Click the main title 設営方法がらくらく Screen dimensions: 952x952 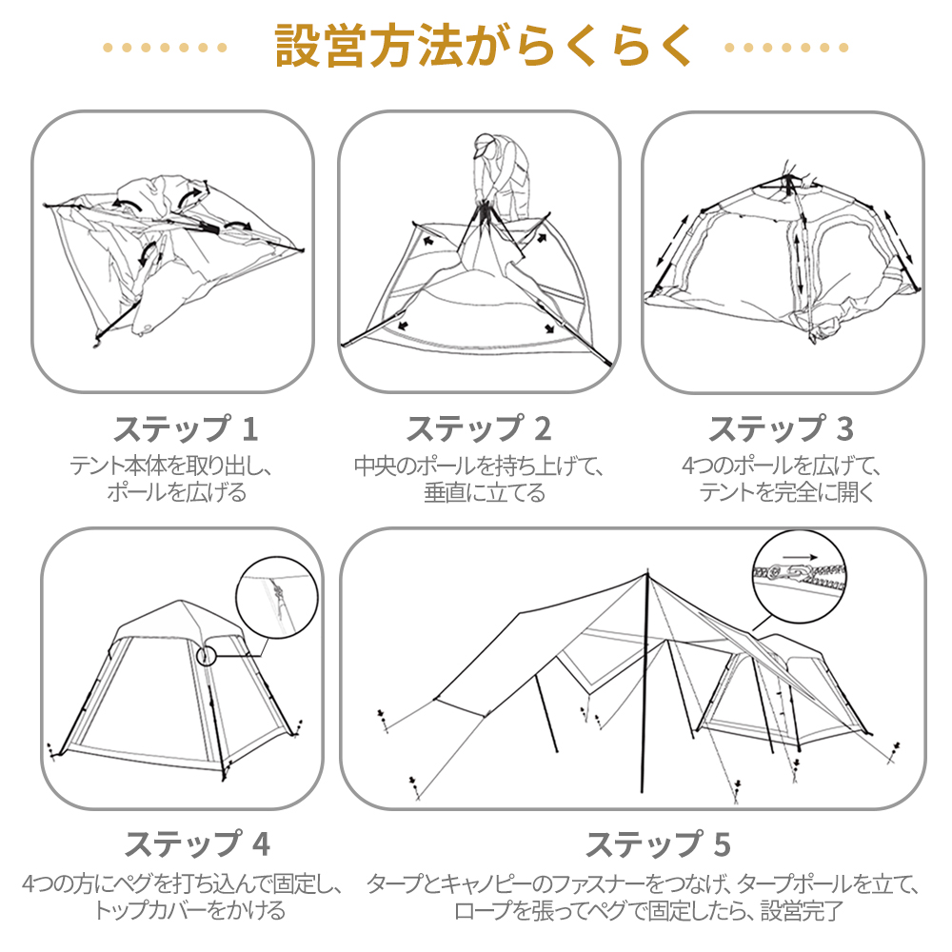tap(476, 46)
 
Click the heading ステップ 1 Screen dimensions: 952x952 tap(186, 429)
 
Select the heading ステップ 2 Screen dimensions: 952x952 tap(479, 429)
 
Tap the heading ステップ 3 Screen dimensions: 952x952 tap(781, 429)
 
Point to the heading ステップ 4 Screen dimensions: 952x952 tap(198, 843)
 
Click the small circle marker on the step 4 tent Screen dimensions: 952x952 tap(207, 656)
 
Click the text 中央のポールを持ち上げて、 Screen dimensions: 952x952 tap(479, 466)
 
